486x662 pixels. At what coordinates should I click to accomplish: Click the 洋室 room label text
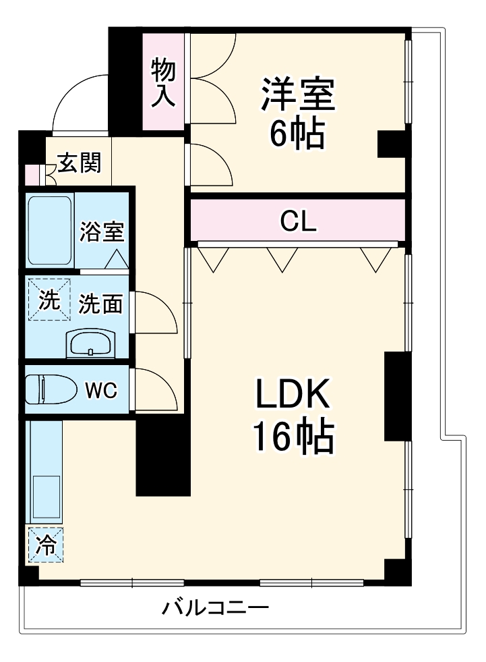click(x=298, y=96)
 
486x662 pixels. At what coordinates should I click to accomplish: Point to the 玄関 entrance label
click(x=79, y=163)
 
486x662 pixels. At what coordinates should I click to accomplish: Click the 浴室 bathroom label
click(x=102, y=231)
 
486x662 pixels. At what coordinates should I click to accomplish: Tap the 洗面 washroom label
click(x=100, y=304)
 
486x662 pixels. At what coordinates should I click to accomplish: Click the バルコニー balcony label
click(x=215, y=609)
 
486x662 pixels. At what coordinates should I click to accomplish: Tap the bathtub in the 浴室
click(x=49, y=231)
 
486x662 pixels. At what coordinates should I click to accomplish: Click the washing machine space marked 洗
click(x=49, y=300)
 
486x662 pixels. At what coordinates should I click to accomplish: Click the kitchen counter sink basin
click(x=45, y=496)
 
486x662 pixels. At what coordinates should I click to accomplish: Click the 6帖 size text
click(x=297, y=135)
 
